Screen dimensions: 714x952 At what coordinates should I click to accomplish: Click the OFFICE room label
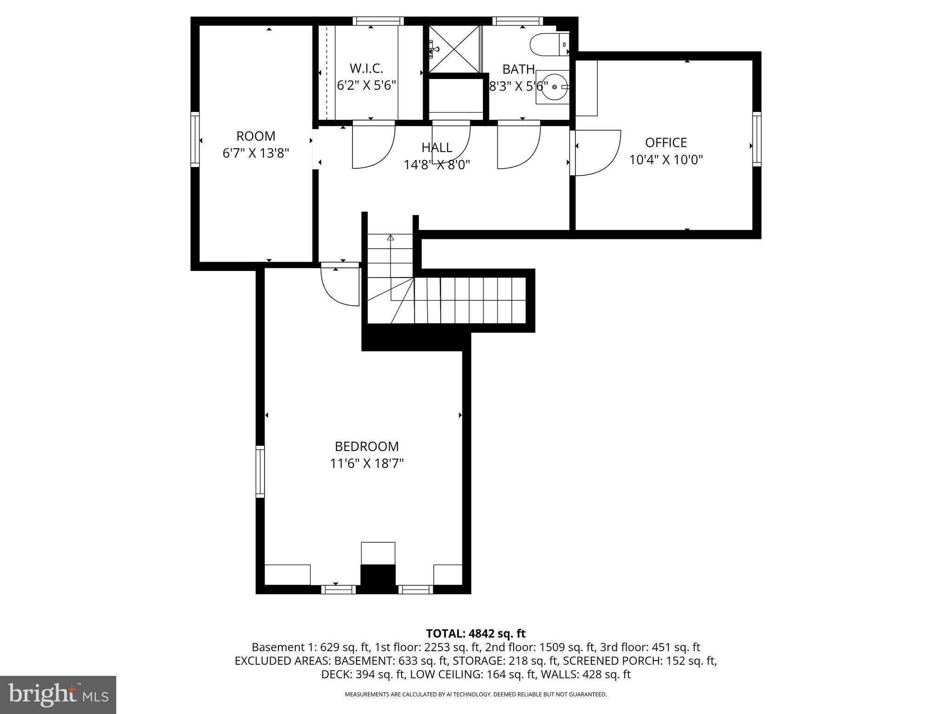[666, 143]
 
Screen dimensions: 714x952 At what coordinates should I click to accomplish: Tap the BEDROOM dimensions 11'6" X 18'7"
[367, 463]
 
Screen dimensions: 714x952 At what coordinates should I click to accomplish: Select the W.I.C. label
[366, 69]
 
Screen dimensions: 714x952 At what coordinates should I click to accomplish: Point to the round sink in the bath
[553, 87]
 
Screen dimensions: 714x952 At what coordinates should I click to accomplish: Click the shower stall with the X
[454, 49]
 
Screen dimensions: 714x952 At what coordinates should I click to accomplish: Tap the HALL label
[436, 148]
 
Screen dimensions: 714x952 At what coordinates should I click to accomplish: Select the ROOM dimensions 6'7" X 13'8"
[256, 153]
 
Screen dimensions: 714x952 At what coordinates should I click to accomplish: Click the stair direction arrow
[390, 238]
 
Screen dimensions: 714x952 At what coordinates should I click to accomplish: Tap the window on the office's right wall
[757, 139]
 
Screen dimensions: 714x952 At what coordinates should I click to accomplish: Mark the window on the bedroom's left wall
[260, 471]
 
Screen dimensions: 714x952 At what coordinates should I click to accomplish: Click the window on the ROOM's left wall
[195, 139]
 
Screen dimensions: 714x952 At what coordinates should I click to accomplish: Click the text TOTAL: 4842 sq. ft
[476, 634]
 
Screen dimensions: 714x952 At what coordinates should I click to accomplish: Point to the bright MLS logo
[58, 694]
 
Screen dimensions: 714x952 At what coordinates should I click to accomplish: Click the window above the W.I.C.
[378, 20]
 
